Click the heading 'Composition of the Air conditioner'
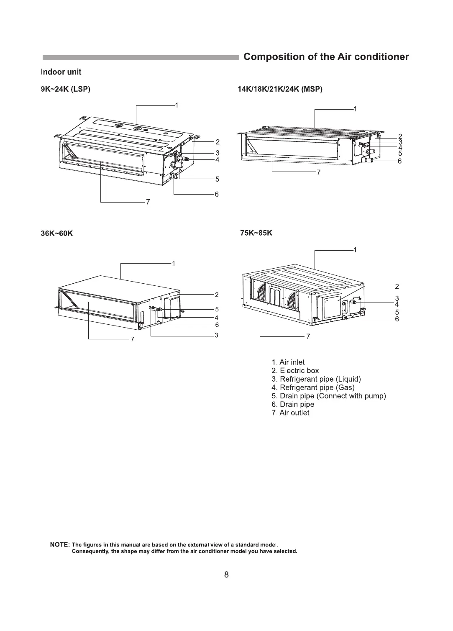click(x=326, y=57)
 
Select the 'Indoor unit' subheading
click(x=61, y=72)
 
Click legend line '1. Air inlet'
click(x=288, y=362)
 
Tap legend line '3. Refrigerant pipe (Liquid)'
click(x=316, y=379)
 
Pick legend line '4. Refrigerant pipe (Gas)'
click(x=313, y=387)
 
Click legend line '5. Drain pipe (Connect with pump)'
click(x=329, y=396)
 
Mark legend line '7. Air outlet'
click(x=291, y=413)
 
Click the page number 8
click(x=227, y=575)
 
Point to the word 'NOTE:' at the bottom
click(x=59, y=545)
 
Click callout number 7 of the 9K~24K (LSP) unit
click(x=148, y=203)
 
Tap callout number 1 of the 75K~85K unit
click(x=355, y=250)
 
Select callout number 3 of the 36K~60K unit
click(x=216, y=335)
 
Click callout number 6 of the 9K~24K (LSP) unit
click(x=217, y=194)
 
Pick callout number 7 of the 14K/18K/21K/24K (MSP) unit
click(x=318, y=172)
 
